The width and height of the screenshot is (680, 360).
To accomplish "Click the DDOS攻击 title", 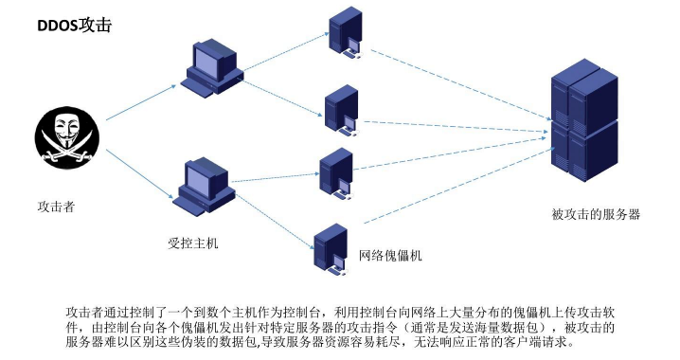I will (x=74, y=27).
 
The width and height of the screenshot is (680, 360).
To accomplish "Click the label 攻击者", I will (x=56, y=206).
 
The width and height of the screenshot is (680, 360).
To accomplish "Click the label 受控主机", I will (x=193, y=243).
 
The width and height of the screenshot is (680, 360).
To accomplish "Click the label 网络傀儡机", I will (x=390, y=256).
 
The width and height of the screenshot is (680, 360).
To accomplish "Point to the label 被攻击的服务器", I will (x=595, y=215).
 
